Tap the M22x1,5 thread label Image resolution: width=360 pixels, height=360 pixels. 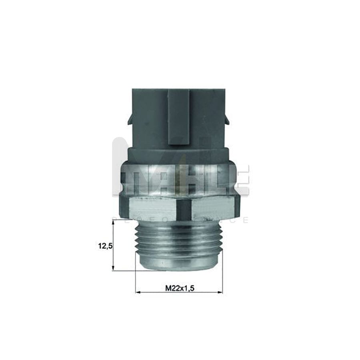(x=180, y=288)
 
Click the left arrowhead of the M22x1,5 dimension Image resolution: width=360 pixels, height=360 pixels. (x=138, y=292)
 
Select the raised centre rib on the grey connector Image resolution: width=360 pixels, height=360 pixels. (x=179, y=116)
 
